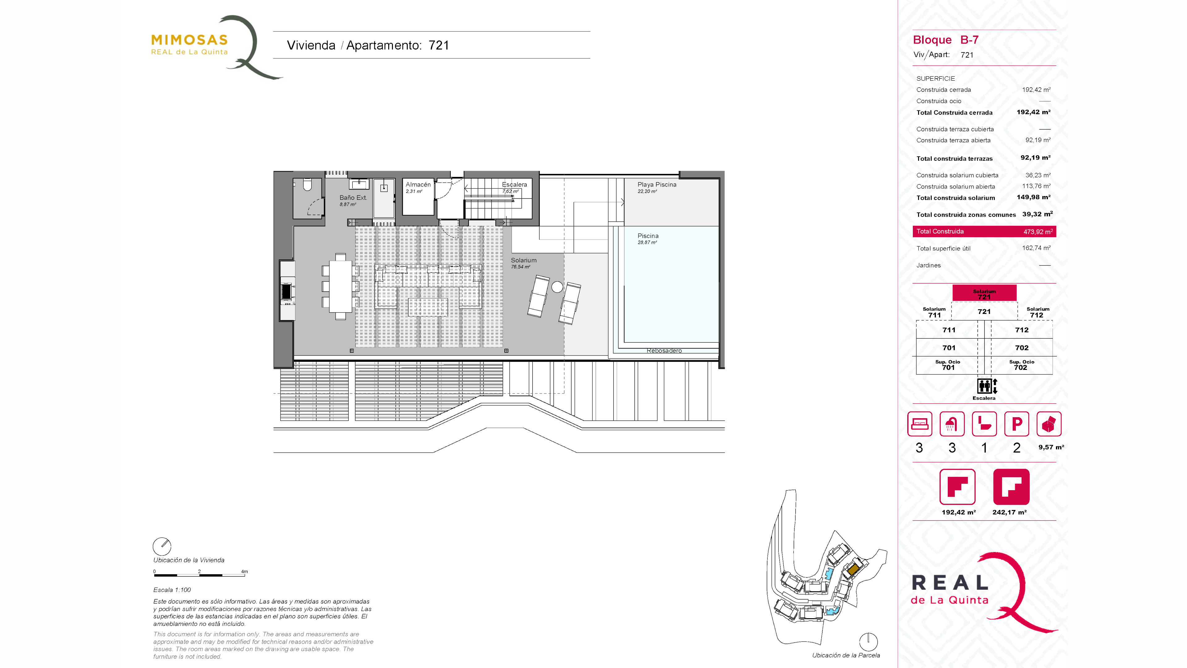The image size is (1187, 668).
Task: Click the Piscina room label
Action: click(x=648, y=236)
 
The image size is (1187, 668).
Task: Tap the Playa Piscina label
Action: click(x=657, y=184)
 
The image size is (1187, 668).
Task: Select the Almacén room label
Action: click(x=418, y=184)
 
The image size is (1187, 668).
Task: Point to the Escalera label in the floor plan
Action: click(x=514, y=184)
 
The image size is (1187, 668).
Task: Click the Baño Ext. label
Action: click(x=353, y=197)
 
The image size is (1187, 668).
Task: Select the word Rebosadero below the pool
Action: click(x=664, y=351)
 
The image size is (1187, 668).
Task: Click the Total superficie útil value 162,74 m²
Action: click(x=1036, y=248)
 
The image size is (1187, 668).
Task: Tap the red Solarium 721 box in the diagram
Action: click(x=984, y=293)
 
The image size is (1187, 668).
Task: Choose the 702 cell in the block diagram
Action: click(x=1022, y=348)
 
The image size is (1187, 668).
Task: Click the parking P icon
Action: click(x=1016, y=424)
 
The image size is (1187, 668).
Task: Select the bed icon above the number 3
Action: click(x=919, y=424)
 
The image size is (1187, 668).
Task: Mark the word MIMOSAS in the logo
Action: click(x=189, y=40)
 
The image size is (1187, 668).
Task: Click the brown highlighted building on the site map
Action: click(x=853, y=569)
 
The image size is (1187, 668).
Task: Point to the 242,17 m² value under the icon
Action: click(x=1009, y=512)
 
